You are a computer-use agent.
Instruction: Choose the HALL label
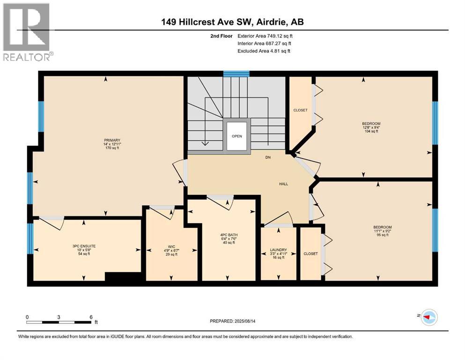pyautogui.click(x=283, y=184)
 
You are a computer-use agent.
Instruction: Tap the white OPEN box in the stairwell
pyautogui.click(x=236, y=136)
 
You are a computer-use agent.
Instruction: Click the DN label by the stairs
pyautogui.click(x=268, y=158)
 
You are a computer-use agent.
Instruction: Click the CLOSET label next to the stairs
pyautogui.click(x=300, y=110)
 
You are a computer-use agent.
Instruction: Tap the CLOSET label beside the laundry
pyautogui.click(x=310, y=254)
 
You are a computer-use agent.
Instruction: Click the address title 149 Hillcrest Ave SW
pyautogui.click(x=232, y=22)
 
